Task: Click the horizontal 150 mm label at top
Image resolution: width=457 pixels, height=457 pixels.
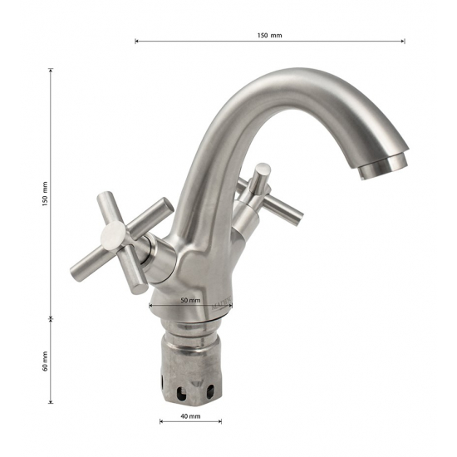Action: pyautogui.click(x=269, y=35)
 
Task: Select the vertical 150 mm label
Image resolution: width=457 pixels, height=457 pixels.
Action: pyautogui.click(x=45, y=194)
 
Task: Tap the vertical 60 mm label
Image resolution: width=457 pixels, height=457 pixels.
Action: pyautogui.click(x=45, y=361)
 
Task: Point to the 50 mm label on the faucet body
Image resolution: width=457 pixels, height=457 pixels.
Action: pyautogui.click(x=190, y=300)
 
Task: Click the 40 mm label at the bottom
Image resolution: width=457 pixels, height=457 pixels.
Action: pyautogui.click(x=190, y=416)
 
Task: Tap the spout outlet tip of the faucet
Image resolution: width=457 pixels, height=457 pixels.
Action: pyautogui.click(x=383, y=170)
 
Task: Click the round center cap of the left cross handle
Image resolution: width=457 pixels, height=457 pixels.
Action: pyautogui.click(x=113, y=235)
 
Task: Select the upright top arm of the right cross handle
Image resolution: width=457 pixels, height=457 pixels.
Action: pyautogui.click(x=261, y=178)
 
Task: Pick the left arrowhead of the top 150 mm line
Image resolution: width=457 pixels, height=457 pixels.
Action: pyautogui.click(x=136, y=41)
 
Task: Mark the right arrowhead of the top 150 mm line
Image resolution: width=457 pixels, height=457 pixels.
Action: pyautogui.click(x=403, y=41)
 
